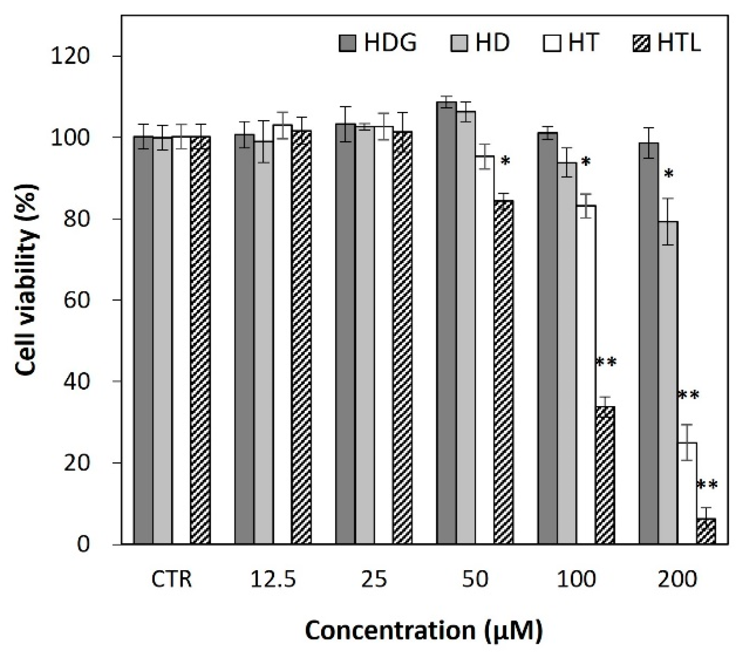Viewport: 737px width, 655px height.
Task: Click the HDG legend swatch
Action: coord(347,43)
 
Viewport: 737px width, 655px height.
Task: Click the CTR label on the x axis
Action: coord(171,580)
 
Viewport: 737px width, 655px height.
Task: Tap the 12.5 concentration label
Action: coord(273,580)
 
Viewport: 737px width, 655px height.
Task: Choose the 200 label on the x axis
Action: coord(677,580)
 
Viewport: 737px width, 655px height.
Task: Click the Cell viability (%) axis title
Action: coord(27,280)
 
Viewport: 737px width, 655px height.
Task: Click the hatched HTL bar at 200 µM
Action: coord(706,532)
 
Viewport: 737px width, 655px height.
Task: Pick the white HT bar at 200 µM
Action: coord(687,493)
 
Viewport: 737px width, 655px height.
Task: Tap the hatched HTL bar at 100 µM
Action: coord(605,474)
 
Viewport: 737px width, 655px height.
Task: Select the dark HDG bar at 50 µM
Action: coord(447,323)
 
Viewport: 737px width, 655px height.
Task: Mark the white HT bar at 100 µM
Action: coord(586,375)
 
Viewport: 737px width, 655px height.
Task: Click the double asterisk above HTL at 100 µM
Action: coord(606,363)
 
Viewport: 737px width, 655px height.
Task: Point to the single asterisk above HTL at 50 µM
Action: coord(505,162)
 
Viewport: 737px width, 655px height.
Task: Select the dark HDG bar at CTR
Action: coord(143,340)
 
